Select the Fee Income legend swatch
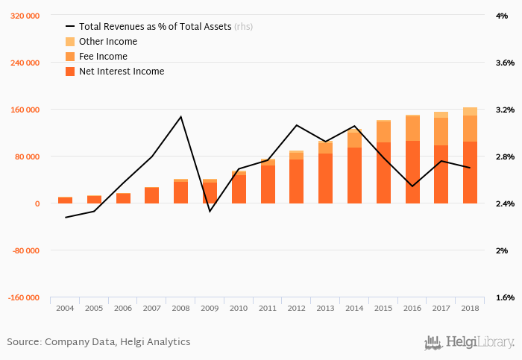(70, 57)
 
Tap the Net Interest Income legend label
(122, 72)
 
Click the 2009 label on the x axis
(209, 308)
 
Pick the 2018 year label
(470, 308)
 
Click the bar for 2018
(470, 157)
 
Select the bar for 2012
(296, 179)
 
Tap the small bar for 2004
(65, 200)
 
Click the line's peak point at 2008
(180, 116)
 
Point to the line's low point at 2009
(210, 211)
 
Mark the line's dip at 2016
(412, 186)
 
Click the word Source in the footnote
(24, 342)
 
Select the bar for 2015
(383, 164)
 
